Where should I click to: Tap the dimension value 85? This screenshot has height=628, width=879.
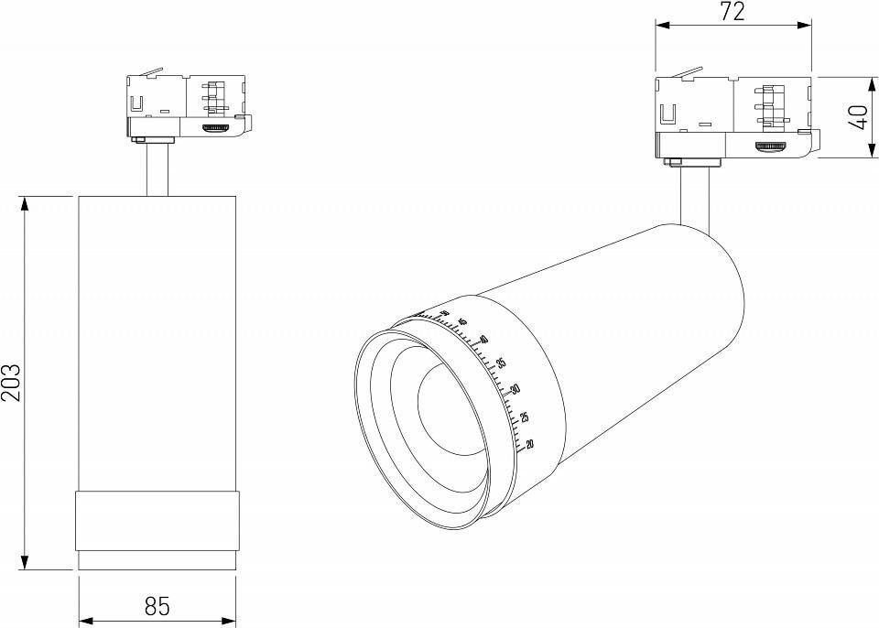[157, 606]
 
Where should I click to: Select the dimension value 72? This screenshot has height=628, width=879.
[732, 12]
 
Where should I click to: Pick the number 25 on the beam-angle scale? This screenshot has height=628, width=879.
[524, 417]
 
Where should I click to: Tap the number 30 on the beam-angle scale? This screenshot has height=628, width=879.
[515, 389]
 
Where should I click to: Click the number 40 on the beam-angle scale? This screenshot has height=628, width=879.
[483, 340]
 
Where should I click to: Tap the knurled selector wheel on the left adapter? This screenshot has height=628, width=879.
[216, 129]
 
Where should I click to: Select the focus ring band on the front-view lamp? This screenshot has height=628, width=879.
[157, 520]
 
